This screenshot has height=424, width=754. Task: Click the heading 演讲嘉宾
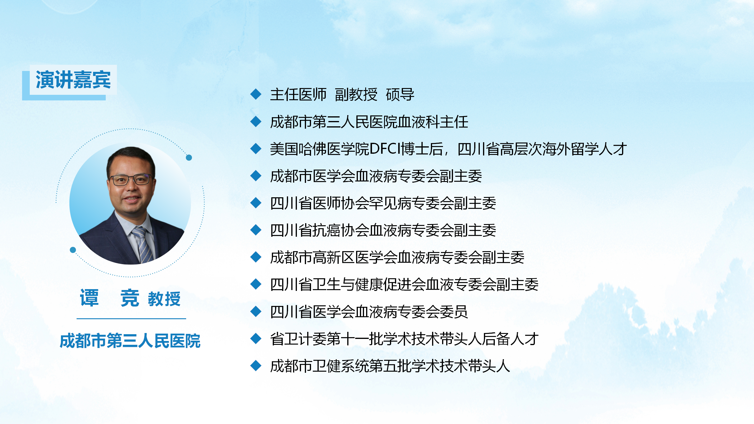coord(73,79)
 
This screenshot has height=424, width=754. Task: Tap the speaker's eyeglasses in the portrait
coord(131,180)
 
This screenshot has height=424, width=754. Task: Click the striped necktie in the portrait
coord(143,244)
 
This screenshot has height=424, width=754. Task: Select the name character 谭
coord(89,298)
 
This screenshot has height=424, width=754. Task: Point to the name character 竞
coord(130,298)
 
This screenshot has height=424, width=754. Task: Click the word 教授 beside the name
coord(164,299)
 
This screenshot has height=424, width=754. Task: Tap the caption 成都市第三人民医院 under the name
coord(130,341)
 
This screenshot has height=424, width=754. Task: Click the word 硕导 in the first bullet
coord(400,95)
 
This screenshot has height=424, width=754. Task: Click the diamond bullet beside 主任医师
coord(256,94)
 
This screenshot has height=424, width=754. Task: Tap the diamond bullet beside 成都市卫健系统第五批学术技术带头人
coord(256,366)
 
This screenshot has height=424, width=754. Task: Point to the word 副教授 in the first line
coord(356,95)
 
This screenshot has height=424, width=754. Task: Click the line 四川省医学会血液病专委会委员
coord(369,312)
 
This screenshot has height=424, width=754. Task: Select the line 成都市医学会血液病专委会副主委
coord(376,176)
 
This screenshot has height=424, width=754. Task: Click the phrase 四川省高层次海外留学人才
coord(542,149)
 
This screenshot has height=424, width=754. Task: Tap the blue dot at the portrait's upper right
coord(189,158)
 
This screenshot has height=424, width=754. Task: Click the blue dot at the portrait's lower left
coord(73,250)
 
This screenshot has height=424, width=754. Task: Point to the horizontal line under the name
coord(131,319)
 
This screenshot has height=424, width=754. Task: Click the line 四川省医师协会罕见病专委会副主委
coord(383,203)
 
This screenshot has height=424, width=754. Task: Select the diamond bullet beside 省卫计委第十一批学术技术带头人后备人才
coord(256,339)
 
